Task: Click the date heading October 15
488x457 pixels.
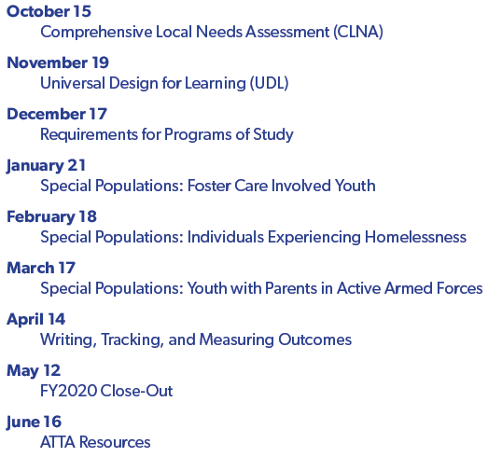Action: (49, 11)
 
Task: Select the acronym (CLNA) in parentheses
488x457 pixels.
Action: (358, 32)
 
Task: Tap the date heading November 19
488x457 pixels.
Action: (58, 62)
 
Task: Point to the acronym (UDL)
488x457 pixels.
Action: (270, 83)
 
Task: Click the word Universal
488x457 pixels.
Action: (73, 83)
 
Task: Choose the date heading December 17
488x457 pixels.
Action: (57, 114)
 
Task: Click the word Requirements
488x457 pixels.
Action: (89, 134)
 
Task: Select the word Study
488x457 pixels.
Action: (273, 134)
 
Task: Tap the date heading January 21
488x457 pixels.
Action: (46, 165)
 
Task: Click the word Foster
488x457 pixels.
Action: (209, 186)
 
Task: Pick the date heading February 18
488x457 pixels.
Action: (51, 216)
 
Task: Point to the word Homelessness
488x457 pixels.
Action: (416, 237)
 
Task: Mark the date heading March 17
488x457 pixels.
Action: (41, 268)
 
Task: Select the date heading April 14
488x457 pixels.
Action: (36, 320)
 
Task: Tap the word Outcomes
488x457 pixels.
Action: (315, 339)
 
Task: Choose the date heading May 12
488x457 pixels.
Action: (34, 371)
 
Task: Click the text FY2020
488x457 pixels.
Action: (68, 391)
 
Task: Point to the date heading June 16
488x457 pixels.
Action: (34, 422)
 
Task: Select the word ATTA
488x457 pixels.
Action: (58, 442)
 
